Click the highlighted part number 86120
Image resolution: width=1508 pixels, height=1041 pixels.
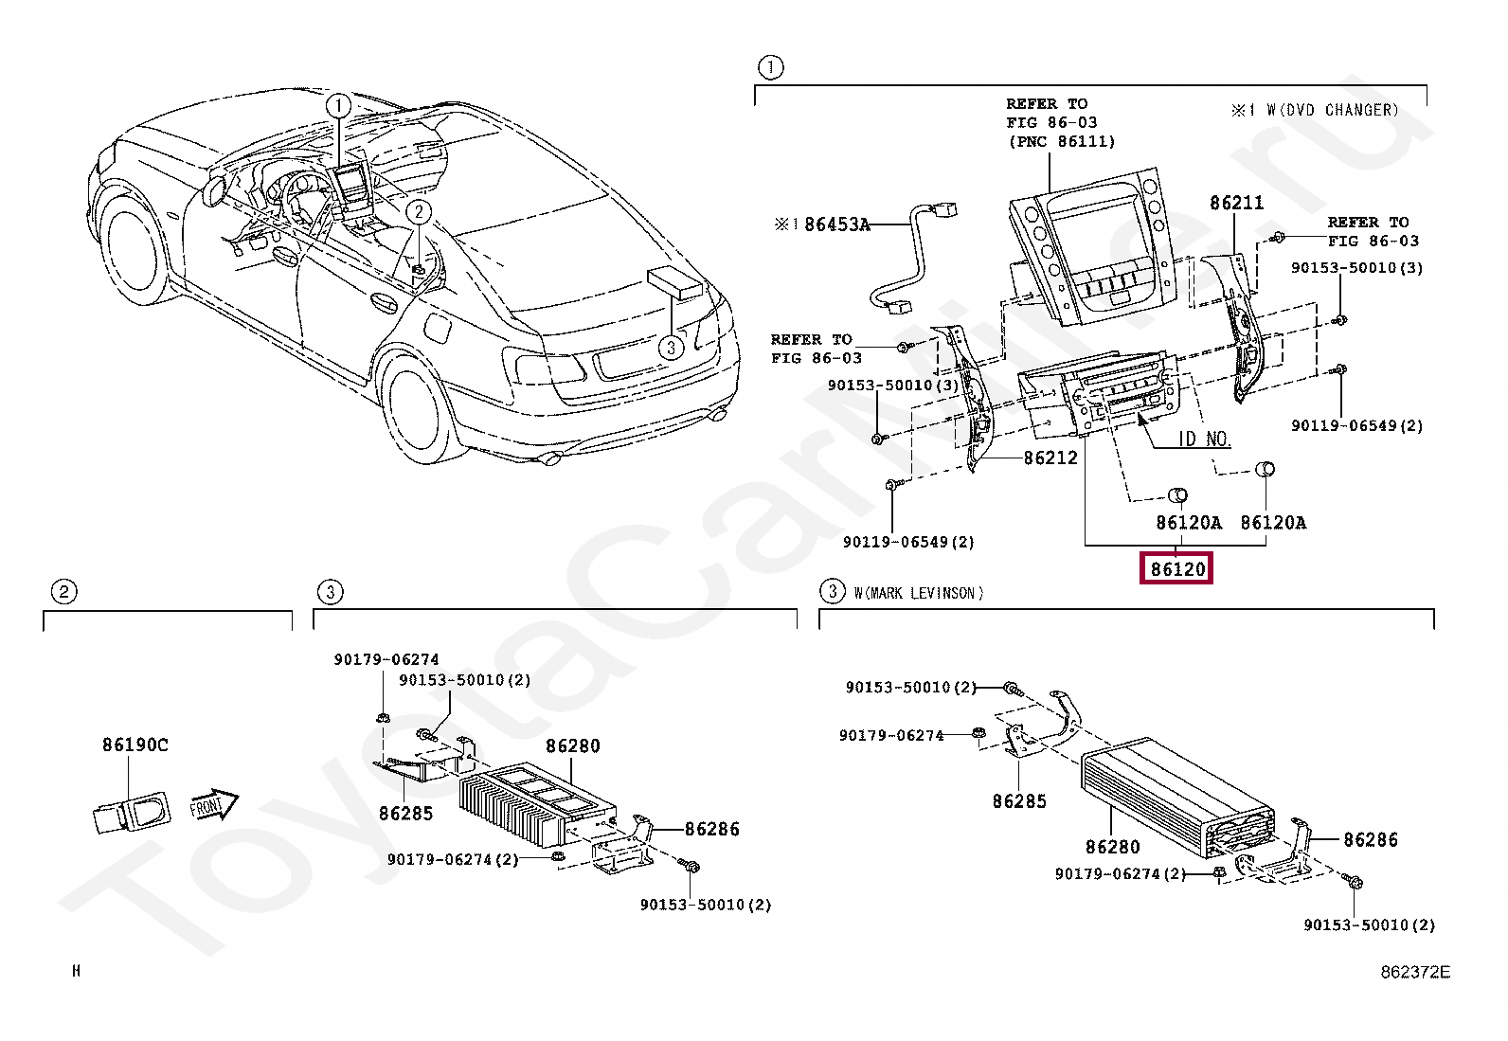point(1177,569)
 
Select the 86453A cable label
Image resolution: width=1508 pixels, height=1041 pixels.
point(835,224)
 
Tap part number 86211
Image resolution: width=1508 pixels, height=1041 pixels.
point(1236,203)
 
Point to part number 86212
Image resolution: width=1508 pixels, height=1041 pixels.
point(1050,458)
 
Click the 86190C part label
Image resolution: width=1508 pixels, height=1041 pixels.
point(135,745)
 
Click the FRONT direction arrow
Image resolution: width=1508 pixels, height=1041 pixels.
point(213,805)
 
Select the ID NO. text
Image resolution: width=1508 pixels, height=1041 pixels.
point(1203,439)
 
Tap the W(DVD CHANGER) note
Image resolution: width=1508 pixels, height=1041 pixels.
point(1330,110)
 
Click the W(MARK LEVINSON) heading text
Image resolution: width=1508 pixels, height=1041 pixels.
point(918,593)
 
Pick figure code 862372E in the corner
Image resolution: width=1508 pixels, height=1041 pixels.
point(1414,972)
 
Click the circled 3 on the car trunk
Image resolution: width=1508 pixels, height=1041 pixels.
point(671,347)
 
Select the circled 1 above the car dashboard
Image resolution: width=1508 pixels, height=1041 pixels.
point(338,106)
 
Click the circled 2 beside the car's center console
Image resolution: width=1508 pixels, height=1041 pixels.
point(419,212)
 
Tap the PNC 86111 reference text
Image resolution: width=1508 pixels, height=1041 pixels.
point(1061,142)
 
